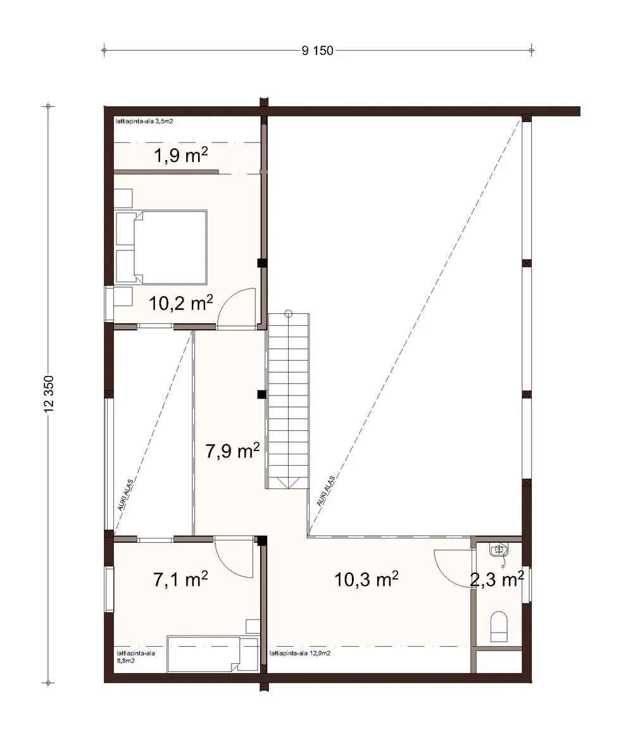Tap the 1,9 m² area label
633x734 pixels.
coord(182,156)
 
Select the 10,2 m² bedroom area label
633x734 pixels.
coord(180,302)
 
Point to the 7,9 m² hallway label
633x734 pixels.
coord(233,451)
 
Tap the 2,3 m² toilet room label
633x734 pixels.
coord(496,578)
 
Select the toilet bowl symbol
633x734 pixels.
coord(500,625)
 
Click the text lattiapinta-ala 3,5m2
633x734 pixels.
coord(144,120)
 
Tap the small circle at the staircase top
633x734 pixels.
coord(288,313)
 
